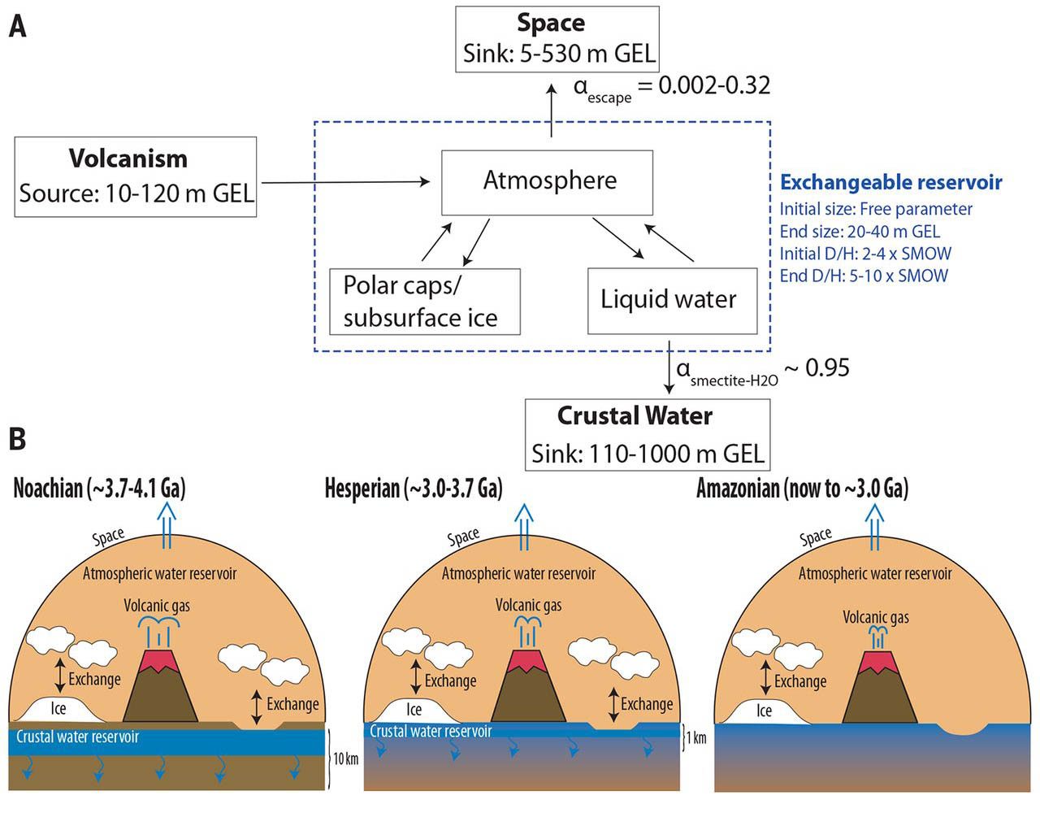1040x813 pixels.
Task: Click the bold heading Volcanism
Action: point(128,159)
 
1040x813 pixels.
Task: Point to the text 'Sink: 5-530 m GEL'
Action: point(558,53)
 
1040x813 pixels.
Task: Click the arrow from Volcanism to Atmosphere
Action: point(345,182)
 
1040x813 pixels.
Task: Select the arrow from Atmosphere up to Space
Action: point(552,111)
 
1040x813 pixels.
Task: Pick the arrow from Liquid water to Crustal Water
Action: point(669,367)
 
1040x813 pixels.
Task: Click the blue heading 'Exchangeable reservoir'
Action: point(890,182)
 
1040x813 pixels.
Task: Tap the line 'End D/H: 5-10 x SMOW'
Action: point(864,276)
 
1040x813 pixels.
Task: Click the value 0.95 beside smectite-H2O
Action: point(827,367)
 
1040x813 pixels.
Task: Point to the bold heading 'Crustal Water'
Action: point(635,415)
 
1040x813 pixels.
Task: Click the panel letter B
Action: point(17,438)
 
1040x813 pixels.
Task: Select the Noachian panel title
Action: point(100,489)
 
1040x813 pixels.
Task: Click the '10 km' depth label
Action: point(345,759)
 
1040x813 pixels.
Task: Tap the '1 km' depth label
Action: point(696,738)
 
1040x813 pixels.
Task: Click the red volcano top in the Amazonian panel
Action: point(875,662)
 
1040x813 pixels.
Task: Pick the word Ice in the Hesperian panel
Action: point(414,709)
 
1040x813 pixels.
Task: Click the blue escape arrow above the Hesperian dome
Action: point(523,526)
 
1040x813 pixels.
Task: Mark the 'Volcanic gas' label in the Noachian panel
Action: point(157,606)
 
